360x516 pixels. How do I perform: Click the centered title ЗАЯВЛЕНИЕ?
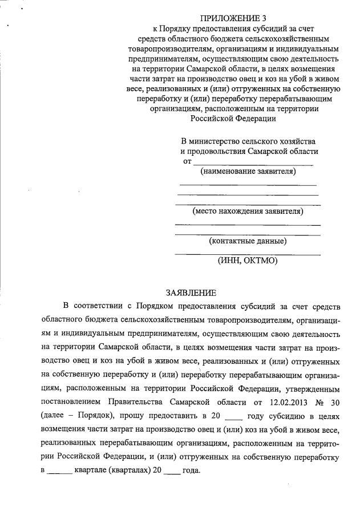pyautogui.click(x=191, y=293)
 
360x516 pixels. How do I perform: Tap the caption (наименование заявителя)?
pyautogui.click(x=247, y=171)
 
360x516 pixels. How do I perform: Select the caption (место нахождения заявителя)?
pyautogui.click(x=248, y=211)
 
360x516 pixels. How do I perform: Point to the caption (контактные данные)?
pyautogui.click(x=248, y=241)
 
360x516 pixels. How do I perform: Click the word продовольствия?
pyautogui.click(x=213, y=151)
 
